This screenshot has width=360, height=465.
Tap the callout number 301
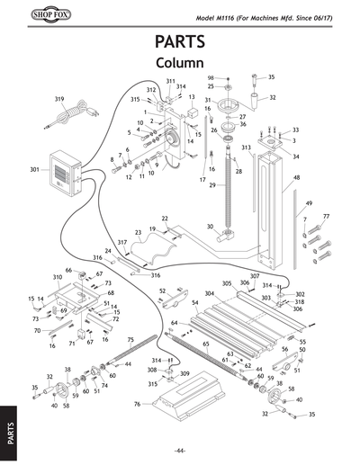coord(34,169)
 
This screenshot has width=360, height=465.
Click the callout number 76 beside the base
coord(138,405)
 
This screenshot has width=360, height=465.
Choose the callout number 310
coord(58,277)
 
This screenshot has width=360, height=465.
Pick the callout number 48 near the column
coord(295,178)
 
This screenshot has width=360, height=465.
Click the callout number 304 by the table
coord(210,293)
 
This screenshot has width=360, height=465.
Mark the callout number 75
coord(130,339)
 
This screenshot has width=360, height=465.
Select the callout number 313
coord(246,147)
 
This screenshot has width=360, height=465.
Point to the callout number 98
coord(211,78)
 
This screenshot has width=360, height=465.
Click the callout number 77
coord(327,217)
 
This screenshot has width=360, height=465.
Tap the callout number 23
coord(138,233)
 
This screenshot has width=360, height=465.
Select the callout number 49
coord(309,203)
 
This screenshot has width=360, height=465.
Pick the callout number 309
coord(184,373)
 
